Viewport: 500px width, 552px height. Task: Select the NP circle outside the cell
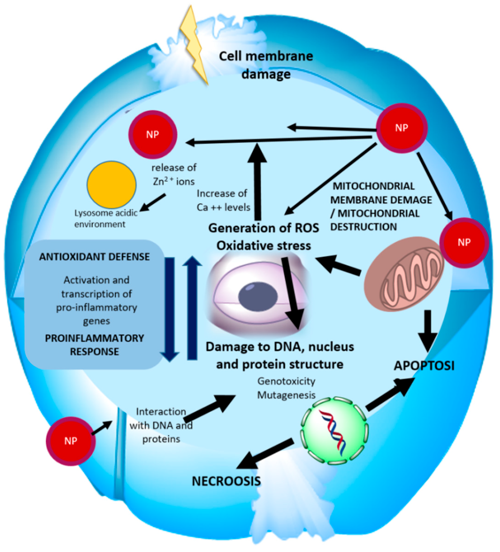(71, 441)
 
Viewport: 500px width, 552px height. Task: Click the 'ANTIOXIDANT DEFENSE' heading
(94, 257)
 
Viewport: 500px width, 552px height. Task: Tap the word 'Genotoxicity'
(286, 381)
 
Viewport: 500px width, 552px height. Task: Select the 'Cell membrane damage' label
(266, 65)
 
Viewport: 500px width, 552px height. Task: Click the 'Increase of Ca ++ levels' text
(223, 201)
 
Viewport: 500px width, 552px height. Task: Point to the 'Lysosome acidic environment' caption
(105, 218)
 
